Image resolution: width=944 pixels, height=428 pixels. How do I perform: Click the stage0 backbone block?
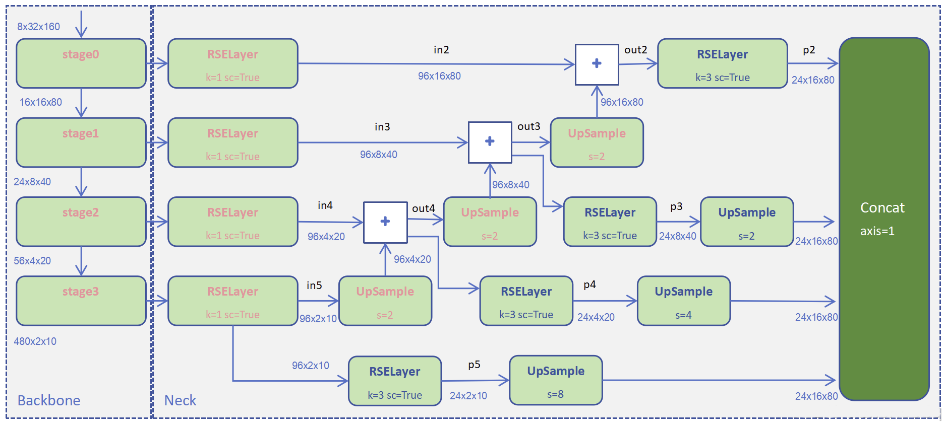81,63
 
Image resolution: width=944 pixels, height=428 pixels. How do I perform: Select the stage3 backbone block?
81,301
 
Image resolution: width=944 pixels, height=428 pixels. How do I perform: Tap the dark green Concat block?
884,219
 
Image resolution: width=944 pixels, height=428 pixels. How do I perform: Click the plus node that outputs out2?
597,64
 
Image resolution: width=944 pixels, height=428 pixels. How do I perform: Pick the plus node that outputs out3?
490,142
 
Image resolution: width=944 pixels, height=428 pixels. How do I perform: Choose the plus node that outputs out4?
385,222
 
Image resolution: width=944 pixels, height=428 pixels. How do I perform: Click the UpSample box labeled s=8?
556,380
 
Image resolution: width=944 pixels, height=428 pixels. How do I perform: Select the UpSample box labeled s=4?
683,301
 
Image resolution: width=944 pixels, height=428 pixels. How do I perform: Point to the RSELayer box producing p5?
395,381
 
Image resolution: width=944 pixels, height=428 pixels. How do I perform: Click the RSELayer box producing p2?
722,63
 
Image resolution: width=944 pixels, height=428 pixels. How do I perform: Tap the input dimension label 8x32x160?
38,27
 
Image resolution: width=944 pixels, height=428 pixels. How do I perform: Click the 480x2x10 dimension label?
35,341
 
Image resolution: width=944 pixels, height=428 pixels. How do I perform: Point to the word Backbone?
49,400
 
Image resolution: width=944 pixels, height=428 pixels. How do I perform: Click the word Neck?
180,400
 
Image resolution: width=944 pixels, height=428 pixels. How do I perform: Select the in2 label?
441,50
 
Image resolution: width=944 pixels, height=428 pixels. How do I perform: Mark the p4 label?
589,284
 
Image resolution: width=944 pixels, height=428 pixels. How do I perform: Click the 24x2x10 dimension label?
468,396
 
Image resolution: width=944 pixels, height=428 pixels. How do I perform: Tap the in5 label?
314,286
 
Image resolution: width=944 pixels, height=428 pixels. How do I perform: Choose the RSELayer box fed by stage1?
232,142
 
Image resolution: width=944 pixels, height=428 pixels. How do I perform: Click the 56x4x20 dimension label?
32,261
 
